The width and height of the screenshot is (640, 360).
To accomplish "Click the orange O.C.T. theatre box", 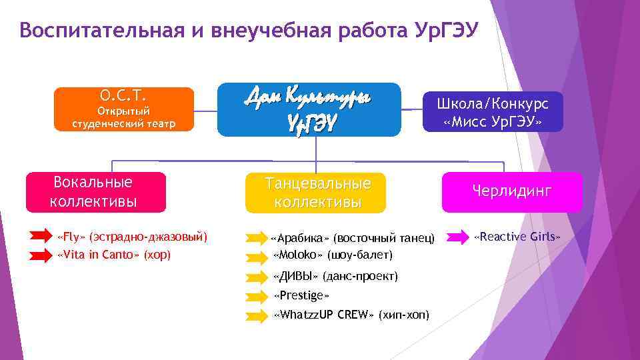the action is tap(123, 109).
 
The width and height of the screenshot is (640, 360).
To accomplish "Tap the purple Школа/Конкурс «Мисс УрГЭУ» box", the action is tap(492, 112).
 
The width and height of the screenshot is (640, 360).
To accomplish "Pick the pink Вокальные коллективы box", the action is tap(94, 192).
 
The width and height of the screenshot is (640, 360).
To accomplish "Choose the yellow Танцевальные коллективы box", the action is tap(317, 193).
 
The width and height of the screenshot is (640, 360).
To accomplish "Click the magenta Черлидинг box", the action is tap(512, 192).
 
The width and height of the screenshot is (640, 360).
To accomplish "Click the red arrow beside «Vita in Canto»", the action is tap(43, 255).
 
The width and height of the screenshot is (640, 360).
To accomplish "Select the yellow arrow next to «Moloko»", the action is tap(256, 255).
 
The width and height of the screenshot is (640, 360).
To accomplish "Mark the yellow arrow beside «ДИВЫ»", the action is tap(256, 277).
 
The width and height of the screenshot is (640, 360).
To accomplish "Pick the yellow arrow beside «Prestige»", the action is tap(256, 296).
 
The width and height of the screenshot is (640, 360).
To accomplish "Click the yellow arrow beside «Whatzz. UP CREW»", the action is tap(256, 315).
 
